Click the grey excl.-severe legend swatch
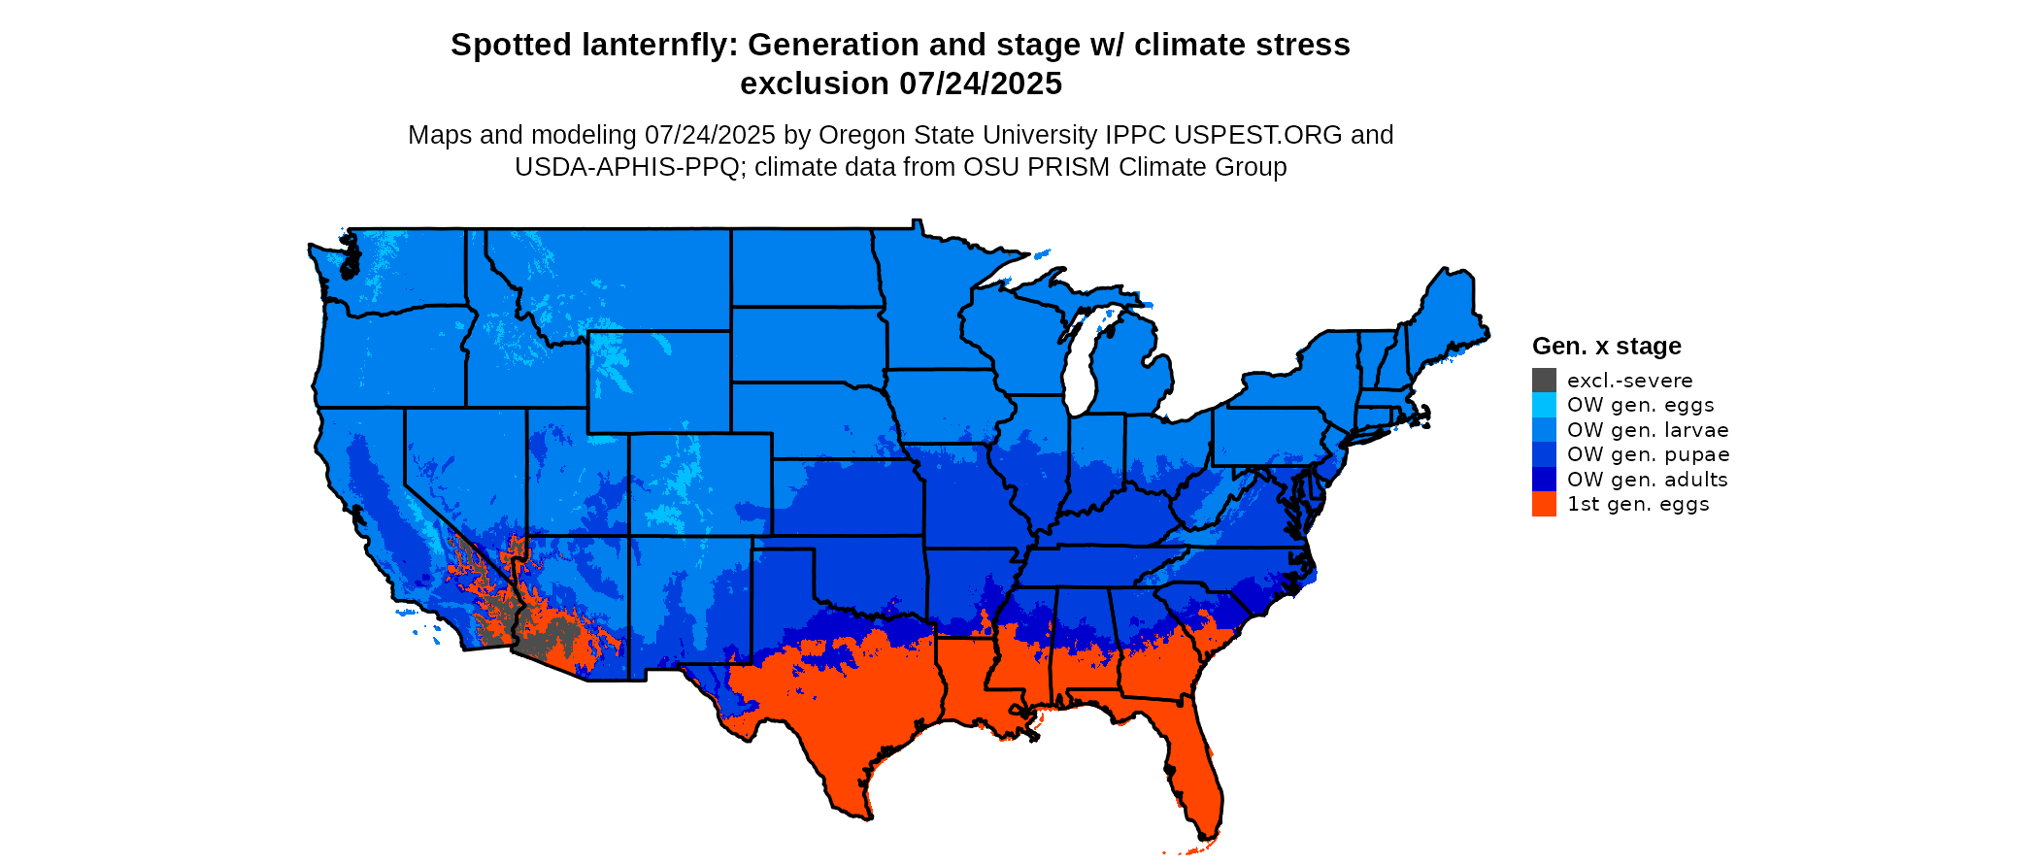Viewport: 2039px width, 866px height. tap(1544, 381)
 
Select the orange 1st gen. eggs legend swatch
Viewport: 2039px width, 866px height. tap(1544, 504)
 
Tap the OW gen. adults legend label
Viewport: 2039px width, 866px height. tap(1647, 480)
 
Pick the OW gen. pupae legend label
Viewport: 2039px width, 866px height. tap(1648, 454)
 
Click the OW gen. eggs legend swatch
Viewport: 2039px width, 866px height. tap(1544, 405)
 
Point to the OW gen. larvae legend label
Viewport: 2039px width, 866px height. tap(1648, 430)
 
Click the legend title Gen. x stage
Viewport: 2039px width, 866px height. tap(1606, 347)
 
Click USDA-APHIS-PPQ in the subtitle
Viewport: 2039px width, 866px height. tap(627, 167)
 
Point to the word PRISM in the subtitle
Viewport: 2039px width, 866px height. tap(1069, 167)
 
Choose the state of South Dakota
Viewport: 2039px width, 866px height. tap(807, 344)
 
